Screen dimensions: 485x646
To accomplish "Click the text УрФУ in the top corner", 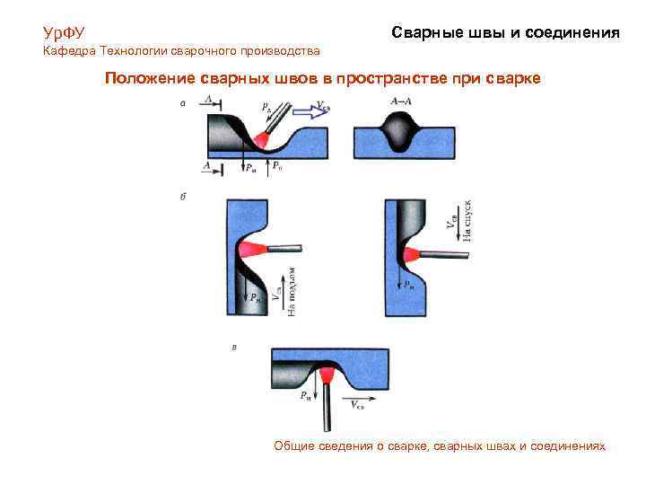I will coord(64,33).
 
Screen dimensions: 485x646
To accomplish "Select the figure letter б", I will coord(183,196).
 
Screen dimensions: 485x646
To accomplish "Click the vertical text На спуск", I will coord(467,220).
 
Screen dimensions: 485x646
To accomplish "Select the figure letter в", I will coord(234,346).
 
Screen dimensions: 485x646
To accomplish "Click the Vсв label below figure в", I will coord(356,405).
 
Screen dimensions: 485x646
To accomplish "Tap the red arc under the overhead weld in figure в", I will coord(327,370).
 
